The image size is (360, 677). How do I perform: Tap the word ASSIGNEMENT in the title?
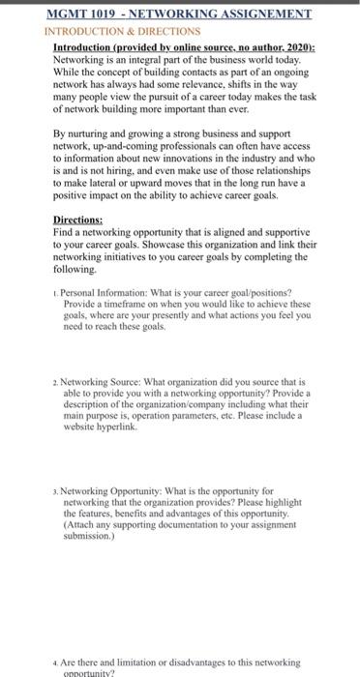point(265,14)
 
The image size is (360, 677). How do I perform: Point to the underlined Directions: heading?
point(80,220)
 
